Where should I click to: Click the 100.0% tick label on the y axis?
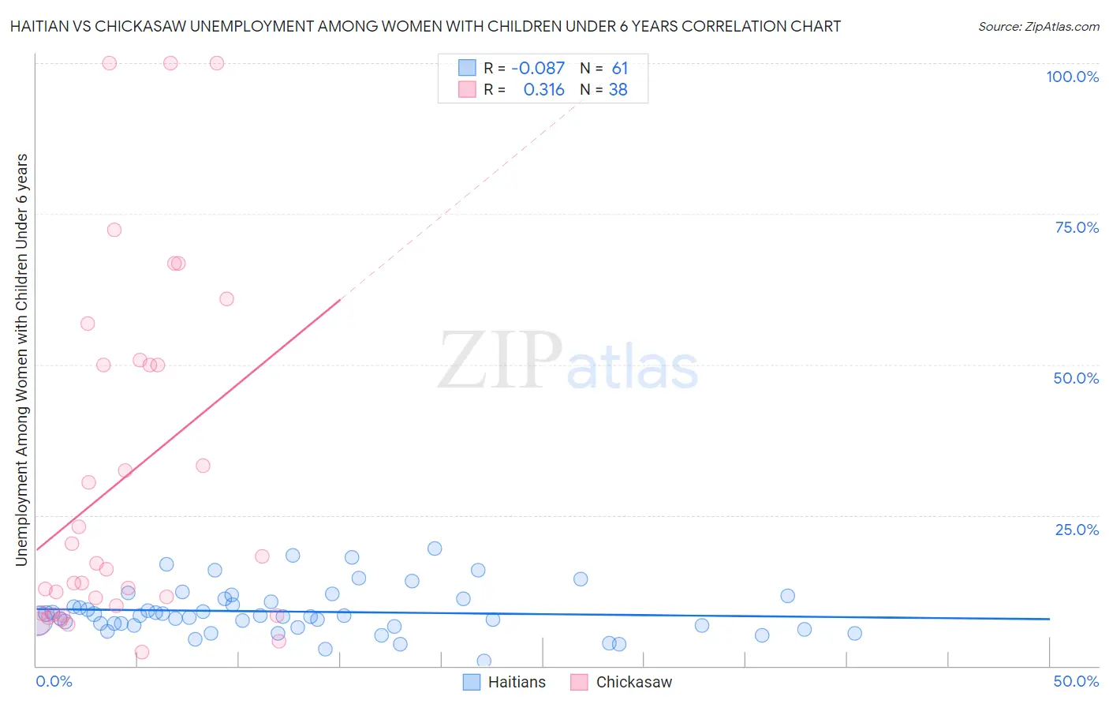pyautogui.click(x=1072, y=77)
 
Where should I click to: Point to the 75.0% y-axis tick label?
pyautogui.click(x=1077, y=227)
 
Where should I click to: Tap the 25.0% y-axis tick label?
pyautogui.click(x=1077, y=530)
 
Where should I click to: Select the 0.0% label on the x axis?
pyautogui.click(x=54, y=681)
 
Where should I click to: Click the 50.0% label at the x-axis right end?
pyautogui.click(x=1076, y=681)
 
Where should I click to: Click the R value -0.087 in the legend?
pyautogui.click(x=538, y=69)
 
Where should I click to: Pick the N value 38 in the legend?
pyautogui.click(x=618, y=90)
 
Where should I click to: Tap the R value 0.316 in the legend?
pyautogui.click(x=543, y=90)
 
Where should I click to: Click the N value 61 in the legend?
pyautogui.click(x=620, y=69)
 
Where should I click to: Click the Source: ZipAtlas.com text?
pyautogui.click(x=1038, y=27)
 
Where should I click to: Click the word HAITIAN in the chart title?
pyautogui.click(x=39, y=26)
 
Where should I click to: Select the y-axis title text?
pyautogui.click(x=21, y=359)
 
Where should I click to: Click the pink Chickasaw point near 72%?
pyautogui.click(x=114, y=230)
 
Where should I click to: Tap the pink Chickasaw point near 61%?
pyautogui.click(x=226, y=298)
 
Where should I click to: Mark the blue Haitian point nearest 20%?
pyautogui.click(x=435, y=549)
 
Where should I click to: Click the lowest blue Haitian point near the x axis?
pyautogui.click(x=484, y=661)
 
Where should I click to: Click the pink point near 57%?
pyautogui.click(x=88, y=324)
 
